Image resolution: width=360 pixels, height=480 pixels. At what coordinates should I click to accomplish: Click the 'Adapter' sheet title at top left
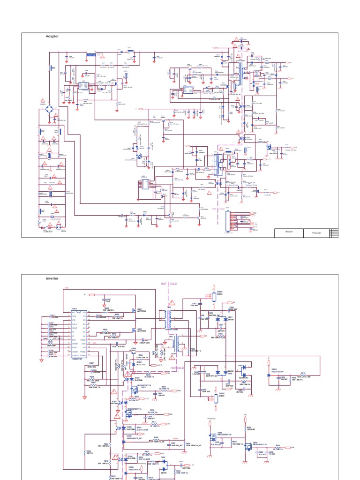point(52,36)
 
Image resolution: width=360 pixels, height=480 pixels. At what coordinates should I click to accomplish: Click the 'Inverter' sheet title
point(52,278)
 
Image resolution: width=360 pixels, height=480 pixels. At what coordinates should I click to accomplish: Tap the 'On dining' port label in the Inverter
point(211,419)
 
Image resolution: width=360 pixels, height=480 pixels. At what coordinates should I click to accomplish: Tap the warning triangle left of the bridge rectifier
point(42,99)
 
